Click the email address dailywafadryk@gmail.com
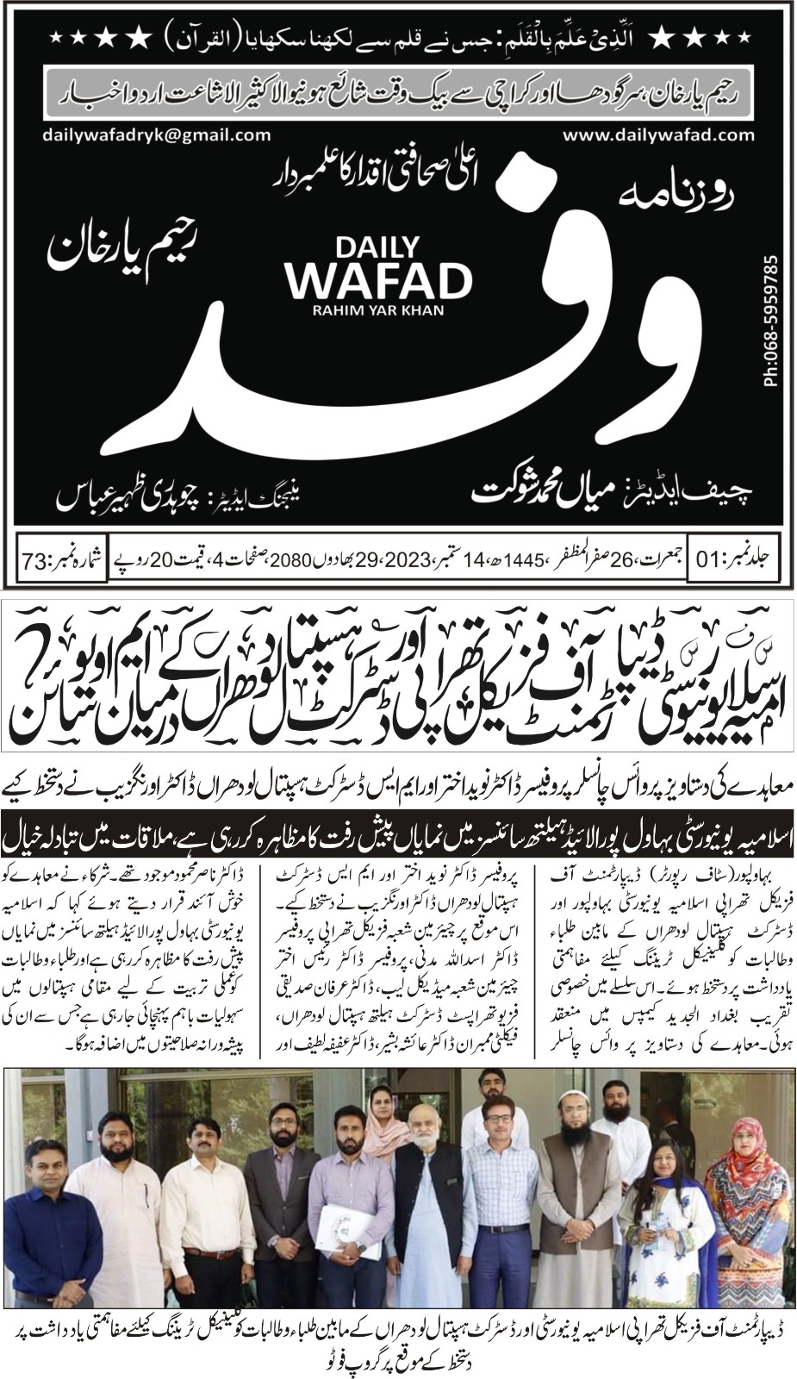[x=156, y=135]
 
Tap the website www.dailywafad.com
[x=659, y=135]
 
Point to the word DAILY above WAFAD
[x=378, y=248]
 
